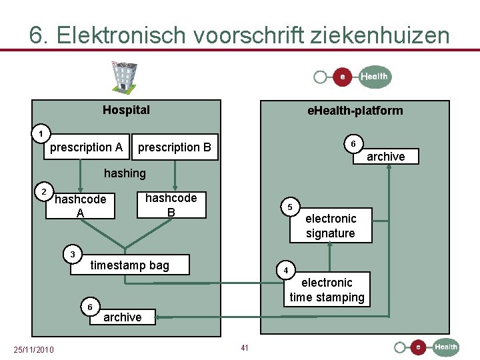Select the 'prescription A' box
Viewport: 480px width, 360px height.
(x=86, y=147)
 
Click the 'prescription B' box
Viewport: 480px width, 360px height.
(x=174, y=147)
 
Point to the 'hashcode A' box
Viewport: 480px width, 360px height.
(x=81, y=206)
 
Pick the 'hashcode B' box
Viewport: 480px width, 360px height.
(x=171, y=205)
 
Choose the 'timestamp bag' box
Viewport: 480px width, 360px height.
(x=130, y=265)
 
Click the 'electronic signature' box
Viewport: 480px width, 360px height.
(x=331, y=226)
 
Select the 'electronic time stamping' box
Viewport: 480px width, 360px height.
(x=327, y=290)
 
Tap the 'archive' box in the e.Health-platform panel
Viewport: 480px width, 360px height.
(x=385, y=157)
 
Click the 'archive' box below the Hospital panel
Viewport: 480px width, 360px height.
(x=123, y=317)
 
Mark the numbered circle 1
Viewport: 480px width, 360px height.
(x=41, y=133)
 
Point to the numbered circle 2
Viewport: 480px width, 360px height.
(x=44, y=192)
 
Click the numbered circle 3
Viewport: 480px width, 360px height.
(x=73, y=253)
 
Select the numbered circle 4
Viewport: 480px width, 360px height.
(x=285, y=271)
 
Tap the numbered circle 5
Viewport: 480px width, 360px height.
(x=290, y=207)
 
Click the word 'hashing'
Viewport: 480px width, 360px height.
(x=125, y=173)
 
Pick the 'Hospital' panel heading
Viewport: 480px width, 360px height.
(x=126, y=110)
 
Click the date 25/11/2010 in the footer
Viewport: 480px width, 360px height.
(x=34, y=350)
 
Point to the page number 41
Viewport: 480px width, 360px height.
(x=245, y=347)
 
